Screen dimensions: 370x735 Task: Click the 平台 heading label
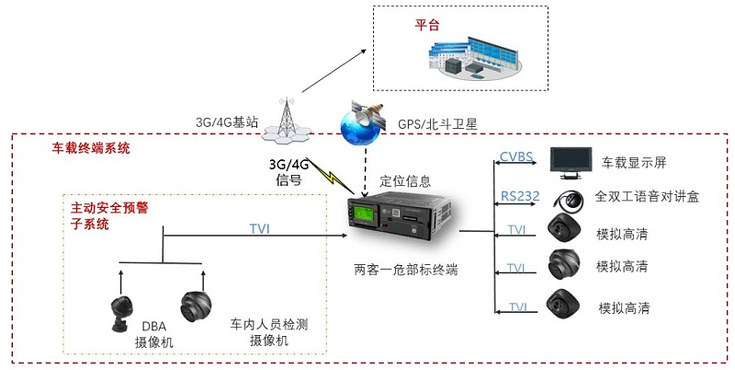click(x=426, y=26)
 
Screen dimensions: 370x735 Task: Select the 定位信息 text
click(x=405, y=180)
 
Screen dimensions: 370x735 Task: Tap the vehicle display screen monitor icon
click(x=568, y=160)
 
